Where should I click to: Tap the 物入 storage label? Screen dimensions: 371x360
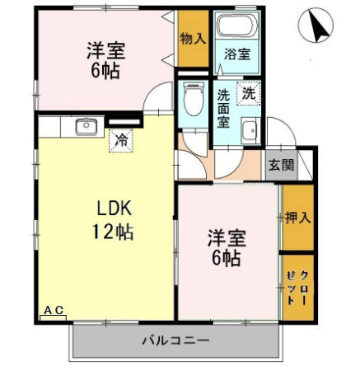192,38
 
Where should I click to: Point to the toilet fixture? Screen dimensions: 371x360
194,101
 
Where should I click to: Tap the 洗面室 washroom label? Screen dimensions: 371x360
224,106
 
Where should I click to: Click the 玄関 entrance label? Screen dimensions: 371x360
281,163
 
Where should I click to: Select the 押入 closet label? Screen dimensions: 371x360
298,218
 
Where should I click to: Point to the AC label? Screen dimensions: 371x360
53,310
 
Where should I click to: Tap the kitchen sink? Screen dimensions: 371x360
84,126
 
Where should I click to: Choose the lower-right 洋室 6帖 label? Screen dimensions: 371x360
223,247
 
